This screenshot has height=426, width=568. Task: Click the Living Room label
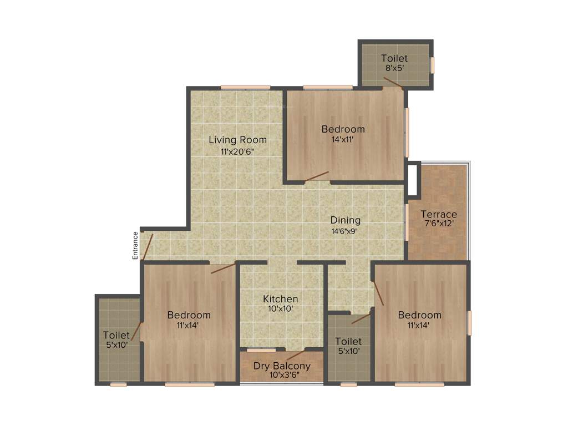tap(237, 140)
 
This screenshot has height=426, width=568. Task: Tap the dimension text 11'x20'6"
tap(237, 151)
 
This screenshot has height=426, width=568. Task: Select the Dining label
tap(346, 220)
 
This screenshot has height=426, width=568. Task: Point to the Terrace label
tap(439, 214)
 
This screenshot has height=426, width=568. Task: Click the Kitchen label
tap(280, 299)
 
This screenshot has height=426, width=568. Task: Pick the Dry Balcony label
tap(282, 366)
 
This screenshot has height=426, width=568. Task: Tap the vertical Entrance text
tap(135, 245)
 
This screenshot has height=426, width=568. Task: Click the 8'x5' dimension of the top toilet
tap(394, 68)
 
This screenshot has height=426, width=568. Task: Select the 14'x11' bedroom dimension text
tap(343, 140)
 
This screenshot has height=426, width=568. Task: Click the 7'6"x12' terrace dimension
tap(439, 225)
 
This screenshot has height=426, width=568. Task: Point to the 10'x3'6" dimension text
tap(282, 376)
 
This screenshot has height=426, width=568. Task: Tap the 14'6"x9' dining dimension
tap(346, 231)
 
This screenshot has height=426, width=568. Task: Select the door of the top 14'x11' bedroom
tap(316, 176)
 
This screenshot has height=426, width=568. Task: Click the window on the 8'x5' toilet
tap(433, 65)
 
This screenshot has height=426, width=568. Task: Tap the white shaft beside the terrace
tap(412, 179)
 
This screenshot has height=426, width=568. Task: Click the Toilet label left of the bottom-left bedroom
tap(116, 335)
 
